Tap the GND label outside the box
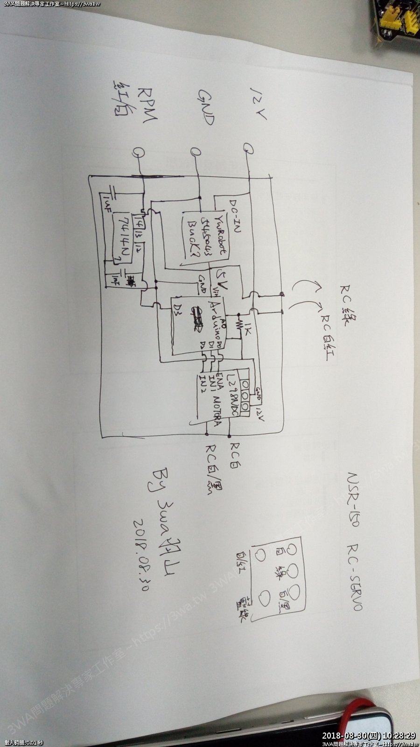pyautogui.click(x=206, y=107)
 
